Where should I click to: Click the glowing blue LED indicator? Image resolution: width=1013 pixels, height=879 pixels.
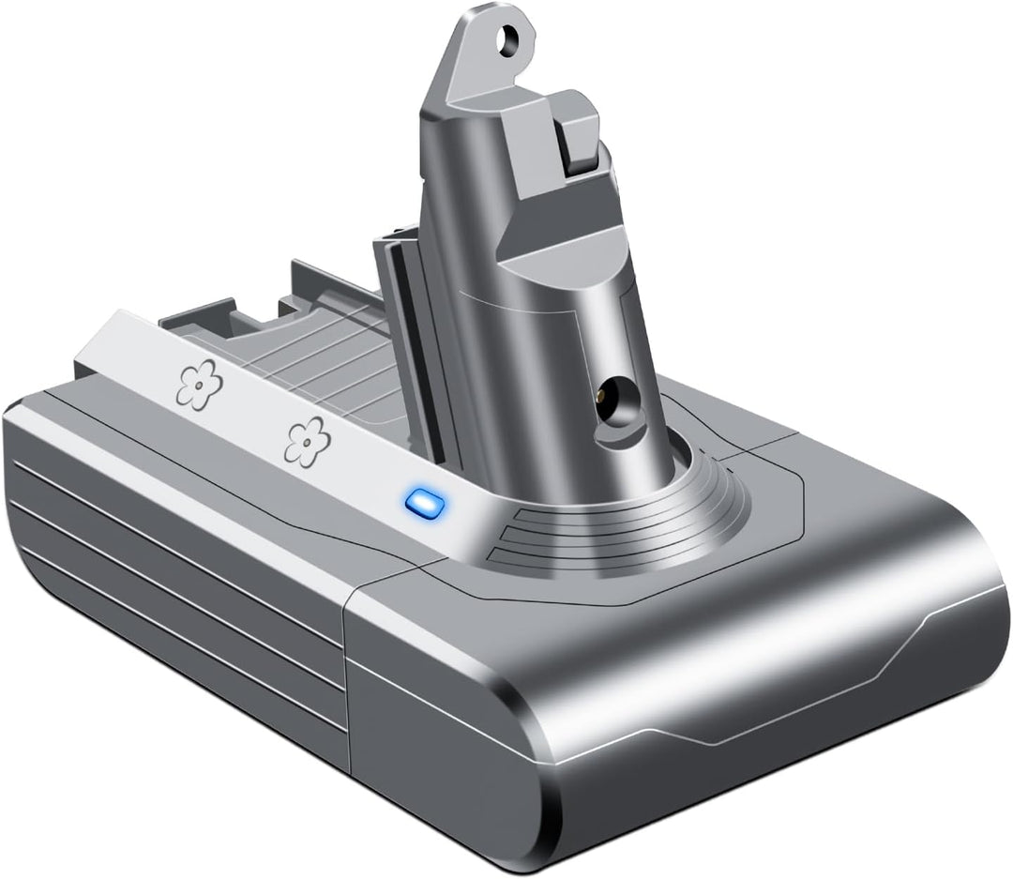click(x=421, y=502)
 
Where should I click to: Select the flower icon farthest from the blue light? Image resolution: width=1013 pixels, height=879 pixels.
click(x=197, y=385)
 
